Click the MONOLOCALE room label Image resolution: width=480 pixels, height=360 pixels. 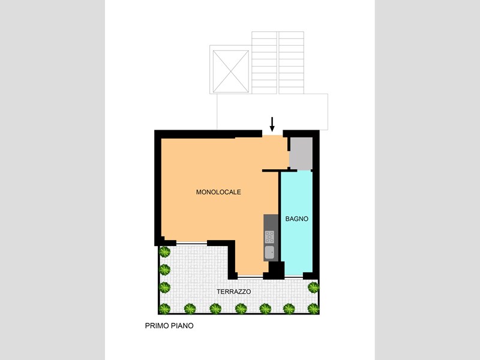click(x=218, y=192)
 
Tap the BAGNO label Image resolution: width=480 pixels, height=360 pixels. click(x=296, y=219)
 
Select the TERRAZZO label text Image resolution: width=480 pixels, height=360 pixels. click(x=234, y=292)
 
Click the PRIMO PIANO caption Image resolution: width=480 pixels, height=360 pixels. click(x=169, y=326)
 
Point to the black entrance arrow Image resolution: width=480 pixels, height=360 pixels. click(x=272, y=124)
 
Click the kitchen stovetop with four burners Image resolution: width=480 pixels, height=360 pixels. click(x=269, y=237)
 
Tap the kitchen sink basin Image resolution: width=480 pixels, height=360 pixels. click(x=269, y=253)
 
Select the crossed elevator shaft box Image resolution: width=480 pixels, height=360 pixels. click(x=231, y=71)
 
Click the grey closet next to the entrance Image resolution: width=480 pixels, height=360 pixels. click(x=301, y=154)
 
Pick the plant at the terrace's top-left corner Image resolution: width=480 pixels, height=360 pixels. click(x=164, y=252)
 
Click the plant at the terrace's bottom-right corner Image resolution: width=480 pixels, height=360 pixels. click(x=313, y=308)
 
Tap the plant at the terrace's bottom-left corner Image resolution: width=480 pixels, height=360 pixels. click(x=164, y=308)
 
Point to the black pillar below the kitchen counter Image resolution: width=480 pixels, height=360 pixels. click(x=277, y=270)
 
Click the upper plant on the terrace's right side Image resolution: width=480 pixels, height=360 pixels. click(x=313, y=287)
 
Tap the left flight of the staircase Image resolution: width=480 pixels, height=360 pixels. click(x=265, y=63)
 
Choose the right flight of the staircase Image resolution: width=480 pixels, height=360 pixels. click(x=292, y=63)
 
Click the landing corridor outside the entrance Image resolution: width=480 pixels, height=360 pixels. click(x=272, y=112)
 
